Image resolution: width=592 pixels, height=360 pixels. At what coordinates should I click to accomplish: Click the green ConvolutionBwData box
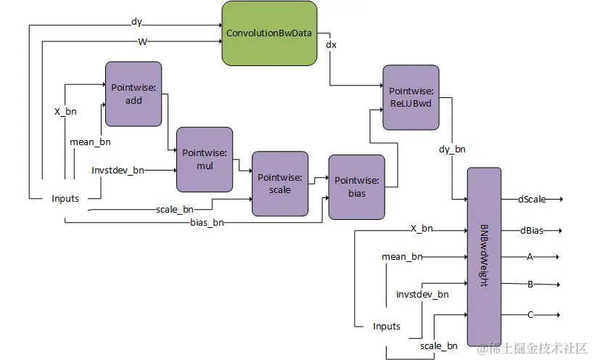269,33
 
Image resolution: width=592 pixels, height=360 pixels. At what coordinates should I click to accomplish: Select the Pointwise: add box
133,94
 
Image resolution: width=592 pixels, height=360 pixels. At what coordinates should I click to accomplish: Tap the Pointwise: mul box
205,160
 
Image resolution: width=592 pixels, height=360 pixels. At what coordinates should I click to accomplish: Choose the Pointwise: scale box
279,183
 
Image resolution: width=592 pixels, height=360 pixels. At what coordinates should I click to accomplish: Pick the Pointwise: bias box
356,187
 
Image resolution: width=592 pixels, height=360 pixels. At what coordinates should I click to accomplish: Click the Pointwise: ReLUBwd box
411,98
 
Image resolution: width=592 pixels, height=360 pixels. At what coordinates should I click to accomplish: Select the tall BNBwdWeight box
484,256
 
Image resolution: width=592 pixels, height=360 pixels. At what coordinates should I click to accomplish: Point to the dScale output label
532,199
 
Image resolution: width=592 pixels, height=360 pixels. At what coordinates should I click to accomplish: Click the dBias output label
531,231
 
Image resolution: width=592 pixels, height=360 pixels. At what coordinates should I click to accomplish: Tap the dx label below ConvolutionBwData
331,45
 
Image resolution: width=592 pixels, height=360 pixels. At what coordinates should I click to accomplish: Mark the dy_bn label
452,150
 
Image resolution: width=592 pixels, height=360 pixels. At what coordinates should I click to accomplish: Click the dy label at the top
136,21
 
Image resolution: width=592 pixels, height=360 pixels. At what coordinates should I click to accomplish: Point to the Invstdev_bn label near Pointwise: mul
118,170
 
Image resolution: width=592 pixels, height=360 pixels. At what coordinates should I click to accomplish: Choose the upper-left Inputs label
65,198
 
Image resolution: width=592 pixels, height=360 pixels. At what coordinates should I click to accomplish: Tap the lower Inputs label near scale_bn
387,326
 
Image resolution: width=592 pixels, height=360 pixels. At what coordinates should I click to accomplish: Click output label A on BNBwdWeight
530,256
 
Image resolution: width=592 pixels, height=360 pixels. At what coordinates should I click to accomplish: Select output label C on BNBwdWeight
530,314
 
